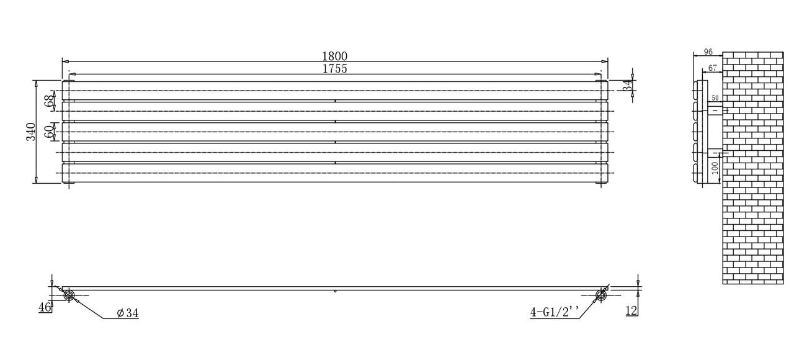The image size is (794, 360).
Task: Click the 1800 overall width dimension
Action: tap(334, 56)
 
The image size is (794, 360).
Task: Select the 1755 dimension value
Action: tap(334, 68)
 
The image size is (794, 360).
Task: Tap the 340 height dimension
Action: tap(31, 132)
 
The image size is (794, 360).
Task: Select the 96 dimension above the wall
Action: tap(708, 52)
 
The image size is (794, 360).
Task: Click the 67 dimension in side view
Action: tap(713, 68)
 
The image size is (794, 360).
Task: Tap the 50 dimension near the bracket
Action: tap(715, 98)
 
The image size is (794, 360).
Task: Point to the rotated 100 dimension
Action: tap(715, 168)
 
